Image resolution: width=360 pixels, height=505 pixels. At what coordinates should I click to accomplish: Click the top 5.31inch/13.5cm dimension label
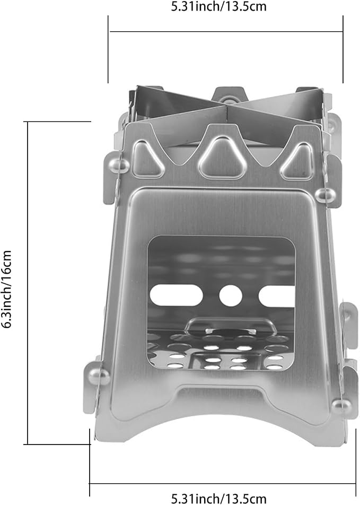click(218, 6)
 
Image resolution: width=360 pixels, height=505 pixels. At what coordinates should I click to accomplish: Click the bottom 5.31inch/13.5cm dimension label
click(218, 499)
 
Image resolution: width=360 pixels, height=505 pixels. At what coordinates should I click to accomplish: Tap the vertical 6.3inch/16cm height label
click(6, 289)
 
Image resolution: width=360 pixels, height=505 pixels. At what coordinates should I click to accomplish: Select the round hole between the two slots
click(230, 295)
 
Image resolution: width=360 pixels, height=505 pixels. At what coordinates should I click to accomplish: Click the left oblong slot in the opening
click(176, 295)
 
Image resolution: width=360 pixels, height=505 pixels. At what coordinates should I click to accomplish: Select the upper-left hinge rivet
click(118, 165)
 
